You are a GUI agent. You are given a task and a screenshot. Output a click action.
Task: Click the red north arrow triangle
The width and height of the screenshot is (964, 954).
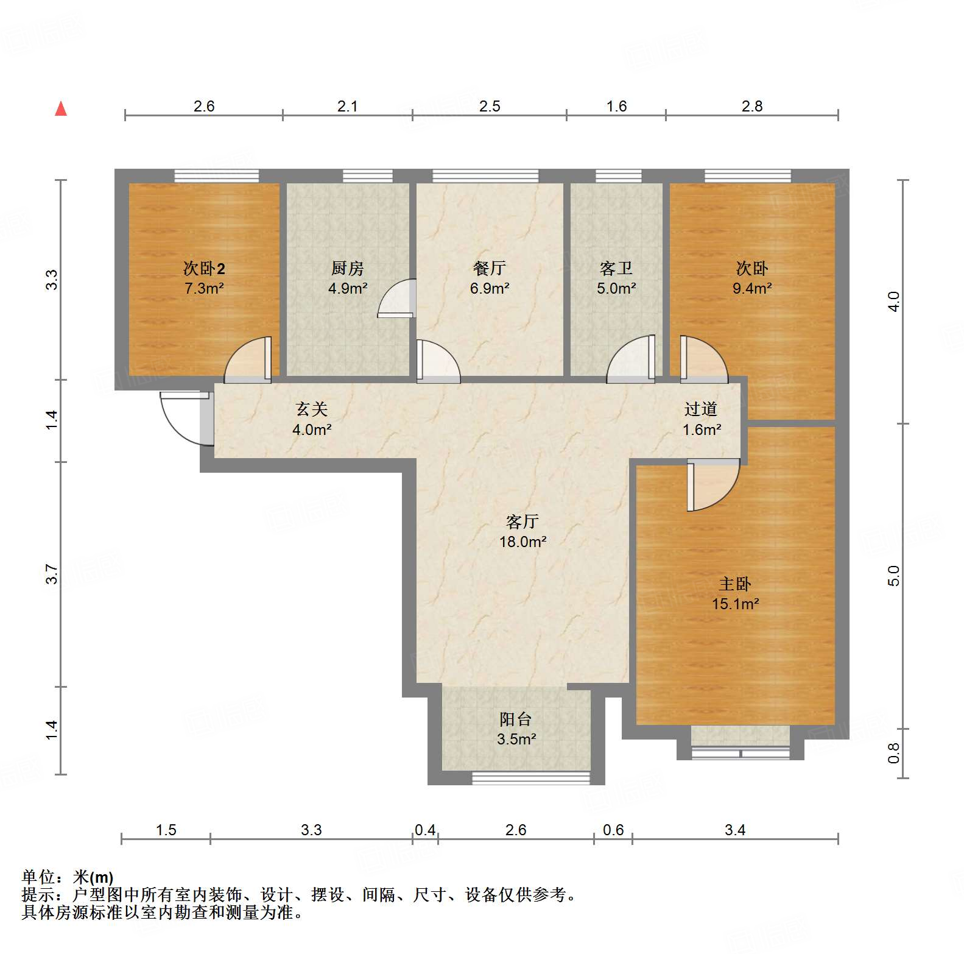pyautogui.click(x=61, y=109)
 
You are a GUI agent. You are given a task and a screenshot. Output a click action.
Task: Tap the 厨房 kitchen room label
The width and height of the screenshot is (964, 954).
pyautogui.click(x=347, y=268)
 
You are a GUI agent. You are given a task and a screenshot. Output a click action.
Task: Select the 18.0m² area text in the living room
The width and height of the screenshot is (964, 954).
pyautogui.click(x=522, y=542)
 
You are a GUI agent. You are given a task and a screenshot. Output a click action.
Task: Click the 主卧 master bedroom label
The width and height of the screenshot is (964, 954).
pyautogui.click(x=734, y=584)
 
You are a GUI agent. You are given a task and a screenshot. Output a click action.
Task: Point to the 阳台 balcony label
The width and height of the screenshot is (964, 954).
pyautogui.click(x=515, y=719)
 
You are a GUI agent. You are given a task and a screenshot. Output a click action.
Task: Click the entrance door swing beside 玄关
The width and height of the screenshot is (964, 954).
pyautogui.click(x=183, y=419)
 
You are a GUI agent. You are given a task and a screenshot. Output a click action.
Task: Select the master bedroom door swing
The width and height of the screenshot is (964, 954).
pyautogui.click(x=711, y=485)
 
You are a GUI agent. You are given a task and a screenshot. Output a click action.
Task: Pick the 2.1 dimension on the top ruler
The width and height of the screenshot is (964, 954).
pyautogui.click(x=347, y=107)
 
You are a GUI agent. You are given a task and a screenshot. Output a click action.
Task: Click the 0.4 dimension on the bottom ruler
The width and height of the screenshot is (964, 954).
pyautogui.click(x=425, y=830)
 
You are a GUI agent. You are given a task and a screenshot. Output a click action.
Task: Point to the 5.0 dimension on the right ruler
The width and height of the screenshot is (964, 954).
pyautogui.click(x=893, y=576)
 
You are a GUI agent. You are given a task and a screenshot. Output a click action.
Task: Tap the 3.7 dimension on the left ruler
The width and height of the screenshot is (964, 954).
pyautogui.click(x=52, y=574)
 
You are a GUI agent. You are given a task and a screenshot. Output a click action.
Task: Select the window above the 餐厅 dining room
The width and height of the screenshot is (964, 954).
pyautogui.click(x=485, y=176)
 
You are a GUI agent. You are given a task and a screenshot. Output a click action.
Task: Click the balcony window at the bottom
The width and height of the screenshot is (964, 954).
pyautogui.click(x=531, y=778)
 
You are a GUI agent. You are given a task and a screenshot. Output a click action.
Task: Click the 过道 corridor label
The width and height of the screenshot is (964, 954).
pyautogui.click(x=700, y=409)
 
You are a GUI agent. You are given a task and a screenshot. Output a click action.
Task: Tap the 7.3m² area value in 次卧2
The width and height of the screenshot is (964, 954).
pyautogui.click(x=204, y=288)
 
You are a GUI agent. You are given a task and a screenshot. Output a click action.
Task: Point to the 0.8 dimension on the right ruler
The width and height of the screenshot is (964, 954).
pyautogui.click(x=893, y=754)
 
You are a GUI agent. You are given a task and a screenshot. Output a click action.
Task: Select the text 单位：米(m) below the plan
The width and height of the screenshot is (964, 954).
pyautogui.click(x=68, y=877)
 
